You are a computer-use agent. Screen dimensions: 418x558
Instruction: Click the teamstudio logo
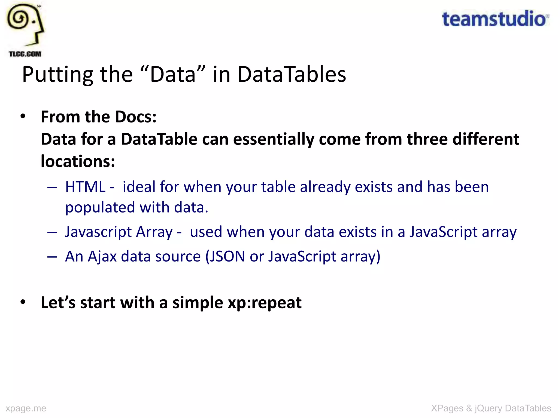pos(495,19)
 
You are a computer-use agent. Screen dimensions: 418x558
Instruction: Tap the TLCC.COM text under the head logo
pos(25,54)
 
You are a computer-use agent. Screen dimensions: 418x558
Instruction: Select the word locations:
pos(78,161)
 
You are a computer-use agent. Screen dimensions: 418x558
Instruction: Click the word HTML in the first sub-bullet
pos(85,187)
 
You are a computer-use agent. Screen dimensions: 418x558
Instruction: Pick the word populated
pos(100,208)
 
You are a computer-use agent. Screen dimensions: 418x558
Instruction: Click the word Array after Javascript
pos(154,232)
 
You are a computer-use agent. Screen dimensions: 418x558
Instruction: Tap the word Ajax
pos(102,257)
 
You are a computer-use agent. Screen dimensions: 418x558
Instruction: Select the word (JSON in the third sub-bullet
pos(225,257)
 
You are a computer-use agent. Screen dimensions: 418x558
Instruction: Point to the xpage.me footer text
pos(26,408)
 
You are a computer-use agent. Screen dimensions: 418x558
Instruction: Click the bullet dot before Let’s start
pos(23,302)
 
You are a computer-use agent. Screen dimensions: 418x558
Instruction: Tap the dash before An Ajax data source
pos(52,257)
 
